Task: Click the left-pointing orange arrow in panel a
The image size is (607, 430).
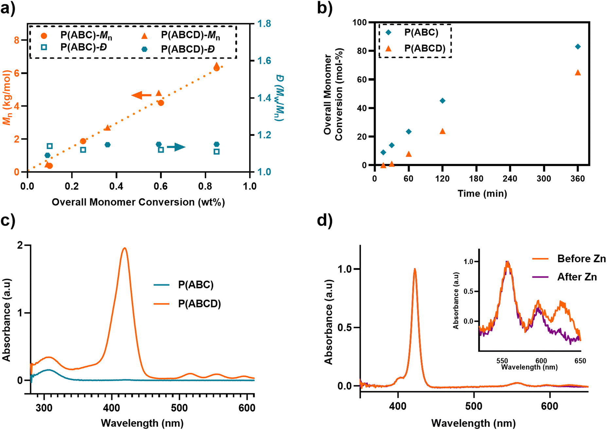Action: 141,95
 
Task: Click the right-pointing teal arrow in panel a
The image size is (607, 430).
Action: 176,147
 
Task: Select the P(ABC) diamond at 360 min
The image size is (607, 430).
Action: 578,47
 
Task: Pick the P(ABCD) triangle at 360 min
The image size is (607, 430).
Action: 578,72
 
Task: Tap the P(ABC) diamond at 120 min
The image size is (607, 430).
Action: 442,101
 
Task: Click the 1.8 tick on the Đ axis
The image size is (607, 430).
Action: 264,24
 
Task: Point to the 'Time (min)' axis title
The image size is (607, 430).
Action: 482,194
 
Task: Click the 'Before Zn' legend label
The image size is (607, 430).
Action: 581,259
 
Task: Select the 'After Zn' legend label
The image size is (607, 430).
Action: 577,277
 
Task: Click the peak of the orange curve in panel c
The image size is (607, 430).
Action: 124,248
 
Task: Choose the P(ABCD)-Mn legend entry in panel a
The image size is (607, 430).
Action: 190,36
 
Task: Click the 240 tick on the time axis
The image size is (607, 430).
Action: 510,179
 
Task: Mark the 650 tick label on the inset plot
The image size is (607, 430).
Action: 580,361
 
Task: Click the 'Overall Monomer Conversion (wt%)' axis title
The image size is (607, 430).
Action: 138,202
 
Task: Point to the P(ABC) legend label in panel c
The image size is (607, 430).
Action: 196,285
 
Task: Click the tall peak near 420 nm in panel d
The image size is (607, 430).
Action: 415,269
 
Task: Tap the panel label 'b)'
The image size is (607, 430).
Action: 325,8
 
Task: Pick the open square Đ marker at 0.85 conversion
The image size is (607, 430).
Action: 216,152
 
